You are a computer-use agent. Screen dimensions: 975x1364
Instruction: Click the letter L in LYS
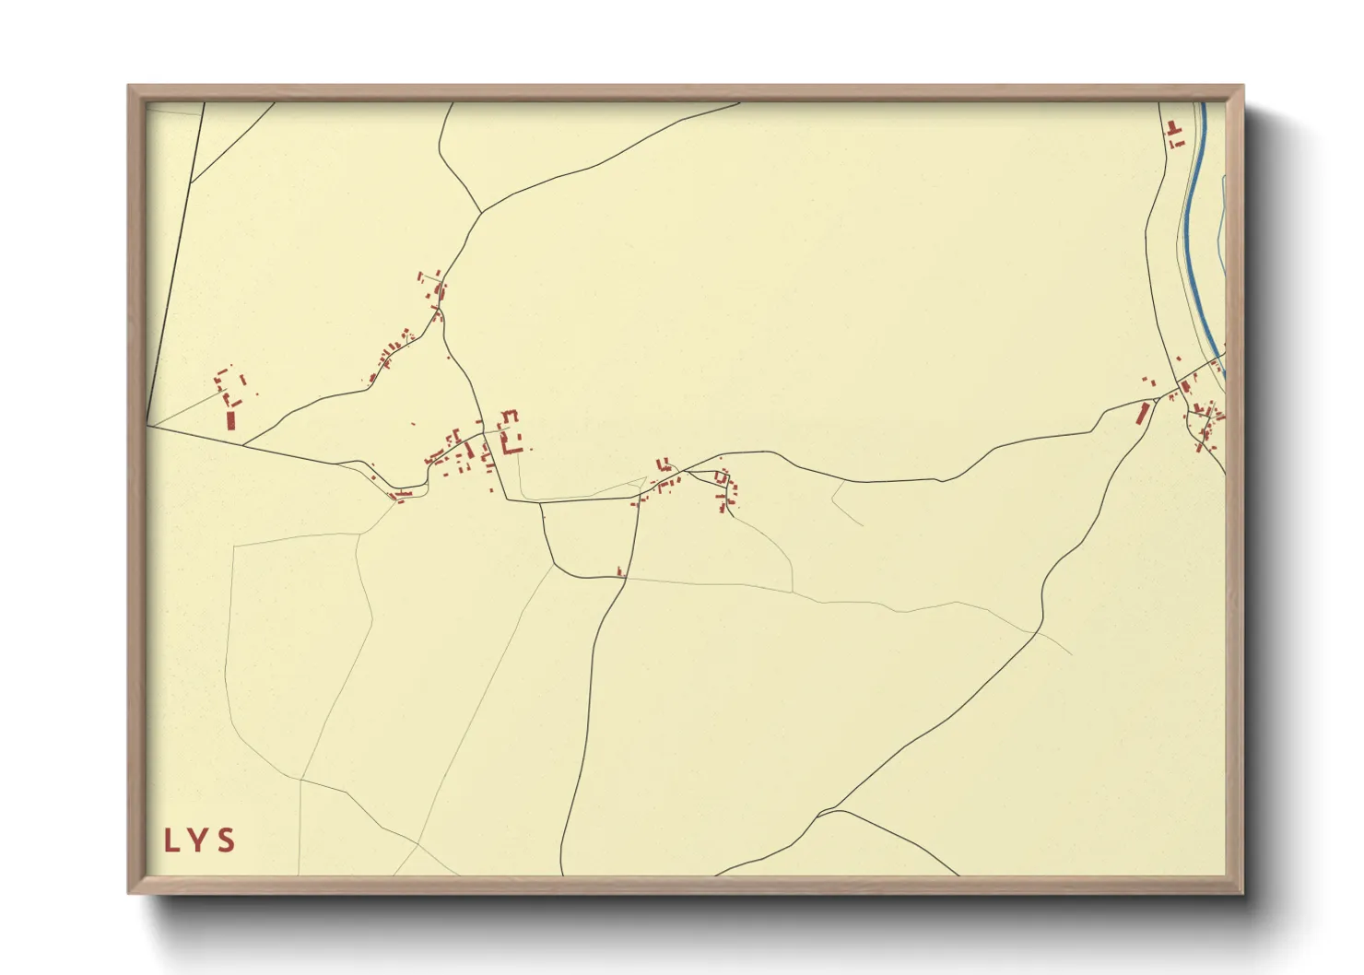coord(170,840)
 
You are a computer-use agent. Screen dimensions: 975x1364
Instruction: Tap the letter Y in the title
coord(198,840)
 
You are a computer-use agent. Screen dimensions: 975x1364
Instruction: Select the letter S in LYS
coord(227,840)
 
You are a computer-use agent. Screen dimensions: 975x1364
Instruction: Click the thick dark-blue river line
coord(1190,230)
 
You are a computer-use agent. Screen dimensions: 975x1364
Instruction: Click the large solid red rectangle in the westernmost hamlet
coord(230,420)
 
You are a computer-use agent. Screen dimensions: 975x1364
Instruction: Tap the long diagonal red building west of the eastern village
coord(1144,413)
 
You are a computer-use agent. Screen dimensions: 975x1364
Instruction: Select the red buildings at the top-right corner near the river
coord(1174,135)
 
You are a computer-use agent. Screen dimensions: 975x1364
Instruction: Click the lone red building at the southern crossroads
coord(620,572)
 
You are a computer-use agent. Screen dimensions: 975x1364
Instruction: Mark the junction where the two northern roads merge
coord(481,212)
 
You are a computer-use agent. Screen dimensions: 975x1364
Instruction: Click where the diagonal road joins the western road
coord(245,446)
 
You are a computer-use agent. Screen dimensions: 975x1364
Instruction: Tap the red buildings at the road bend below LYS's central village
coord(400,496)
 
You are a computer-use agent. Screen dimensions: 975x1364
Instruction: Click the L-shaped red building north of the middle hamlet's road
coord(661,464)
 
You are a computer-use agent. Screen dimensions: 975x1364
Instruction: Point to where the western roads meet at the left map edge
coord(149,427)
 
